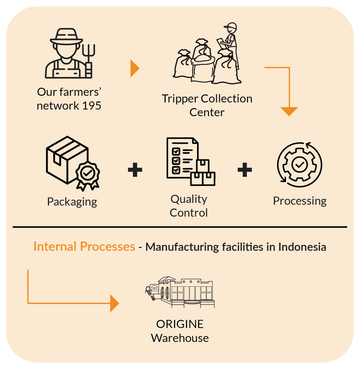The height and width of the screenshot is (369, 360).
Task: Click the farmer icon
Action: click(70, 54)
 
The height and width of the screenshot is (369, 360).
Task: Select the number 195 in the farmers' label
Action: click(91, 105)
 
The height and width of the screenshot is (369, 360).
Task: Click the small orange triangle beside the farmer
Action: click(135, 69)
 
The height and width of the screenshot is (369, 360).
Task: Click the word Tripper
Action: click(179, 99)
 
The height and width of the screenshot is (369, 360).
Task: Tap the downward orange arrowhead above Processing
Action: click(289, 111)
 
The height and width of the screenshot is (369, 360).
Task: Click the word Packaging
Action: click(72, 201)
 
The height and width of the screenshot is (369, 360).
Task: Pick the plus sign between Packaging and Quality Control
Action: click(135, 169)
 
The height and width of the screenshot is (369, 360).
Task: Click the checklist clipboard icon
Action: click(187, 161)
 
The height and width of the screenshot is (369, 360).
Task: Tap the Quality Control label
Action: click(189, 206)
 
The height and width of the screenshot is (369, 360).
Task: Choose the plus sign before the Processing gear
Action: click(245, 169)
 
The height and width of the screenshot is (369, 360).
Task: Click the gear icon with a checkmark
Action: click(300, 165)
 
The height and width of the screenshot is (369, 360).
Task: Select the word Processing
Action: click(300, 201)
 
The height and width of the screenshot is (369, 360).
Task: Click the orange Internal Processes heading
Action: click(84, 247)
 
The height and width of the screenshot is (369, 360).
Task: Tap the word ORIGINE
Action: click(180, 324)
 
